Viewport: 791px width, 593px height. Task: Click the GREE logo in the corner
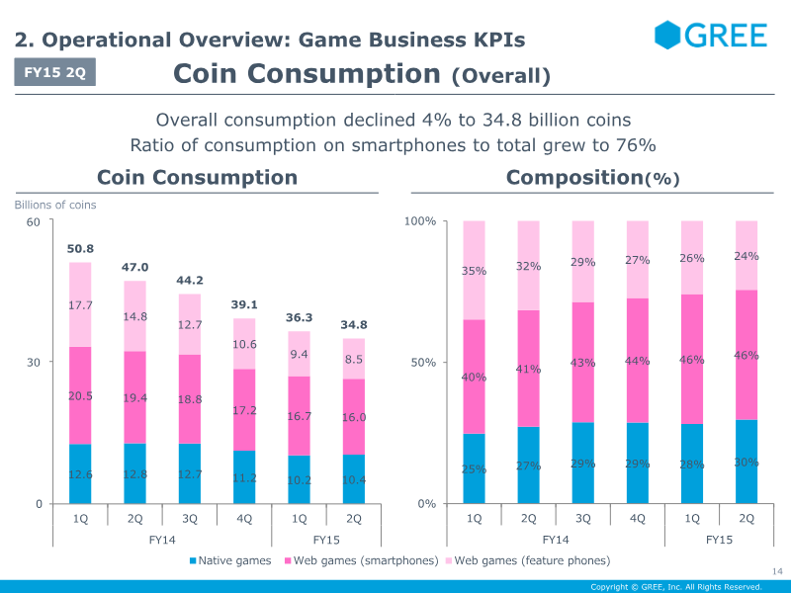(x=711, y=36)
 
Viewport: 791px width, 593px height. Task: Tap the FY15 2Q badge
(x=55, y=73)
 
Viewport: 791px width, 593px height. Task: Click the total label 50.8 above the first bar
(x=80, y=249)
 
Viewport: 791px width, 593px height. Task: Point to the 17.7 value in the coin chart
(x=80, y=305)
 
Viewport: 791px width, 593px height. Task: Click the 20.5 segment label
(x=80, y=395)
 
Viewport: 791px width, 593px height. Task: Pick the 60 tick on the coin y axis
(x=33, y=221)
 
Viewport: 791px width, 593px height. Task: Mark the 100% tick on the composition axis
(x=420, y=221)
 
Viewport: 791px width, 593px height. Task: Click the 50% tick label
(x=424, y=363)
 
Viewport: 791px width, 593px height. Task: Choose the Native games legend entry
(x=230, y=560)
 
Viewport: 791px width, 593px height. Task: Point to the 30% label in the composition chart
(x=747, y=463)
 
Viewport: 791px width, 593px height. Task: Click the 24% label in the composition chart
(x=747, y=256)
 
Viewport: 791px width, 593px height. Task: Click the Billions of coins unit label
(x=55, y=206)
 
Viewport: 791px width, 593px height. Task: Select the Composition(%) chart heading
(x=592, y=178)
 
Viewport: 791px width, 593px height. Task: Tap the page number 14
(x=776, y=570)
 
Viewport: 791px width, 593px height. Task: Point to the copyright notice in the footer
(x=676, y=586)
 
